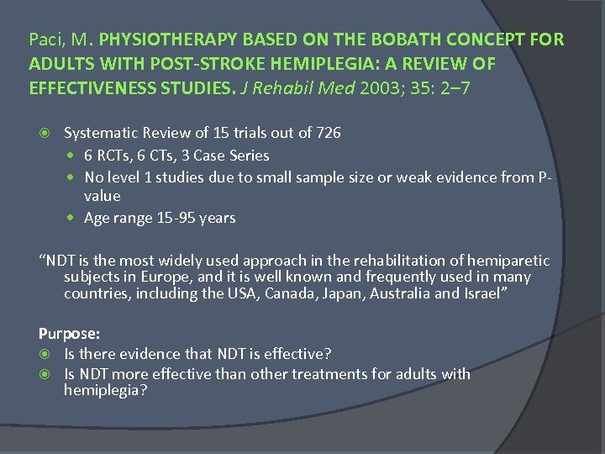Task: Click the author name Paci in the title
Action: (x=44, y=40)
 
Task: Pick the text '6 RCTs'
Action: (x=108, y=156)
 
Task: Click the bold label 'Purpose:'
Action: (x=68, y=333)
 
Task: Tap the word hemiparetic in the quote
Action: (x=512, y=261)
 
